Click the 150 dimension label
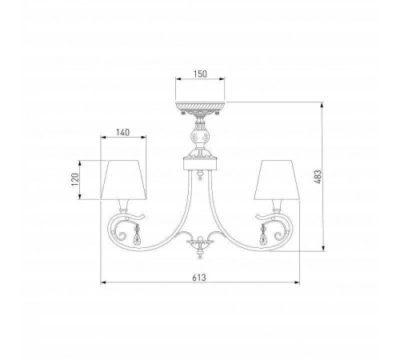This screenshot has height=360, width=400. tap(200, 74)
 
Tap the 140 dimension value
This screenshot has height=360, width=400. tap(123, 132)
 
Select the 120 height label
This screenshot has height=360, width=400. tap(75, 180)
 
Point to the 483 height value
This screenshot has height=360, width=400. tap(318, 177)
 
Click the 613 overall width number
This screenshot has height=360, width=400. tap(199, 278)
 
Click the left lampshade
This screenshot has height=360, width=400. tap(123, 180)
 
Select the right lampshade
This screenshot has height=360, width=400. tap(277, 180)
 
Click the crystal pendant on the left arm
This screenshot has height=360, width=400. tap(138, 235)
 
